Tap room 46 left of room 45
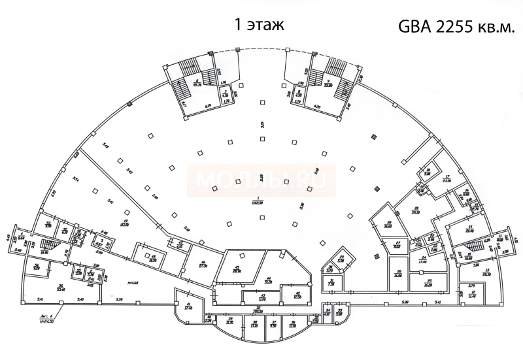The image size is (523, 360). coord(203,265)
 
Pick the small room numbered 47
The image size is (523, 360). coord(180,244)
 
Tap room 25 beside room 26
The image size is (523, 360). coord(429,283)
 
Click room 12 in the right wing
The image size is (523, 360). coord(473,295)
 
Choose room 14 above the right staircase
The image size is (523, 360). coord(468,229)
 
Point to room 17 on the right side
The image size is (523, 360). coord(447,178)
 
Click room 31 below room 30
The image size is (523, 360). coord(331,283)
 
